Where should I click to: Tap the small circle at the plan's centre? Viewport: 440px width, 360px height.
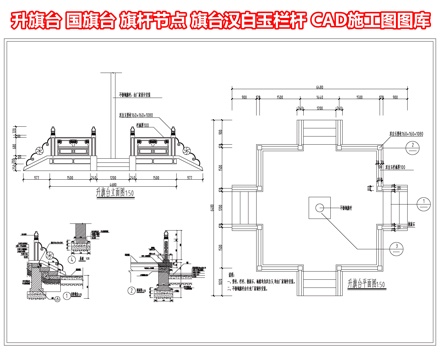click(x=319, y=208)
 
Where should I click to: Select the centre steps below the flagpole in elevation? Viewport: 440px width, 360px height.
click(x=114, y=159)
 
